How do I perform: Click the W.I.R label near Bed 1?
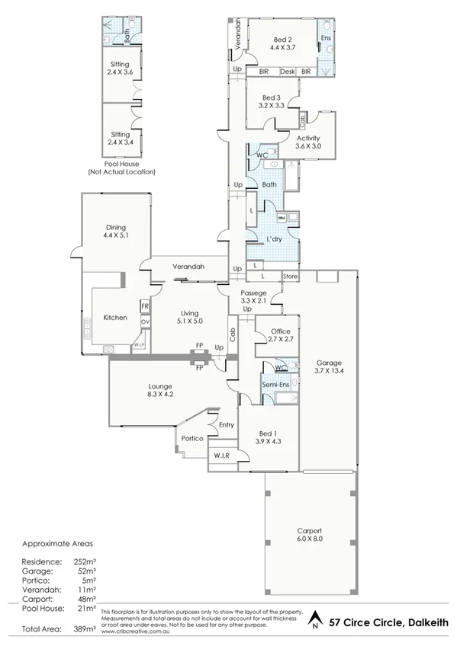point(222,456)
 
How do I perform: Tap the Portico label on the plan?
point(191,438)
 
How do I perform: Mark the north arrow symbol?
point(314,621)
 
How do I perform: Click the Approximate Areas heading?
point(57,545)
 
